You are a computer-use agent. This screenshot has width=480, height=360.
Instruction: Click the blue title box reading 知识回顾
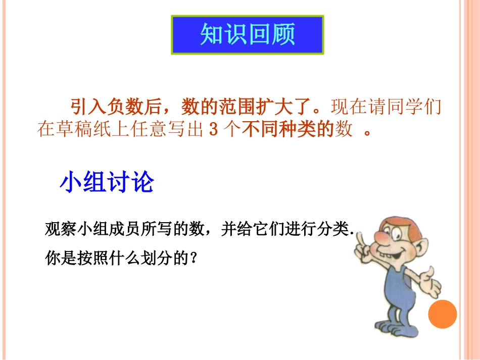[x=248, y=34]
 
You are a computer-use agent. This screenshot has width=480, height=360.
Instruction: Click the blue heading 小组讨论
[x=107, y=182]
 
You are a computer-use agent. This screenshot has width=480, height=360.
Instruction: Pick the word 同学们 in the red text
[x=417, y=107]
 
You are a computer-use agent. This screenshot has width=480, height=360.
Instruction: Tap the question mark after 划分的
[x=191, y=259]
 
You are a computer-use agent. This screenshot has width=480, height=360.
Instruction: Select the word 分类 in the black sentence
[x=338, y=230]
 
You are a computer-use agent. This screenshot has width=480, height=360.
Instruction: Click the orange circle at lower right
[x=442, y=314]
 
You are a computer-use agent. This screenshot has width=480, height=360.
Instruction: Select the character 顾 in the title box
[x=283, y=34]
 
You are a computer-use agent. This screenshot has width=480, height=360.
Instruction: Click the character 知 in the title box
[x=212, y=34]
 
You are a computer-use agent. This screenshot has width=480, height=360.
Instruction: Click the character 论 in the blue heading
[x=142, y=182]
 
